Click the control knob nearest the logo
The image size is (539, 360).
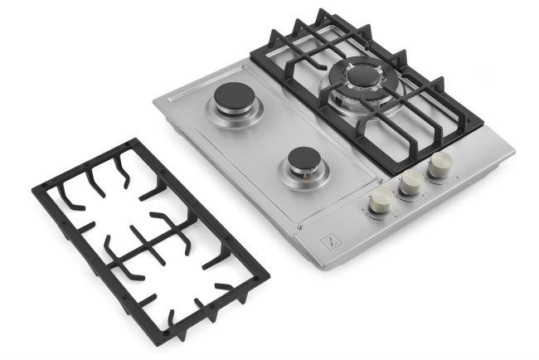click(381, 200)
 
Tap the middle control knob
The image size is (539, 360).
click(410, 182)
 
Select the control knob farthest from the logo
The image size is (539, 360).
click(439, 165)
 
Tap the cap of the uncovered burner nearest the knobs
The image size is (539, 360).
click(304, 158)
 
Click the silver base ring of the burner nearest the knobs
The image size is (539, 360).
click(304, 173)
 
